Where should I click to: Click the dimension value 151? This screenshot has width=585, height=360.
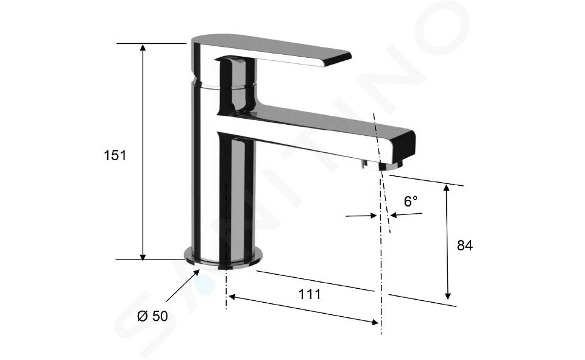click(115, 155)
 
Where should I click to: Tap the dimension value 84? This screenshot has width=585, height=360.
click(464, 245)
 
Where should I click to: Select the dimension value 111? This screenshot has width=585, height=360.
click(310, 294)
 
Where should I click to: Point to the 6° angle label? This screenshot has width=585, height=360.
click(410, 202)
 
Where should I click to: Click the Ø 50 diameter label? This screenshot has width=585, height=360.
click(152, 316)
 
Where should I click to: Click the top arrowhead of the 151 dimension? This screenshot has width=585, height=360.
click(143, 48)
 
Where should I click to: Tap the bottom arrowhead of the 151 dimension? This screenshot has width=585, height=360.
click(143, 256)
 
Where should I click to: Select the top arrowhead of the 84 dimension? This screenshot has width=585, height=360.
click(447, 187)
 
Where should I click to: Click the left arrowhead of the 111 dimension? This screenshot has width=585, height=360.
click(233, 297)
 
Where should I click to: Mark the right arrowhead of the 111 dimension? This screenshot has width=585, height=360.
click(375, 322)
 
